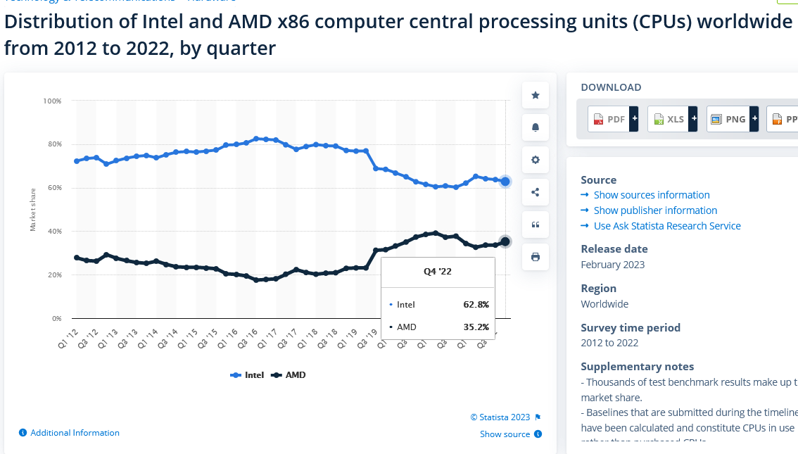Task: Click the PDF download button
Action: [613, 120]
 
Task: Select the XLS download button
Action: [673, 120]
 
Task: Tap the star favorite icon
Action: [536, 95]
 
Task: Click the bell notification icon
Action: [536, 127]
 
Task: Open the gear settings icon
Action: [536, 160]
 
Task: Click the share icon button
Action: [536, 192]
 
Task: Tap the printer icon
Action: [536, 257]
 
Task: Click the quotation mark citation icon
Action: [536, 225]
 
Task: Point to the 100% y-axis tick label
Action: [53, 101]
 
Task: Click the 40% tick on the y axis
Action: [54, 232]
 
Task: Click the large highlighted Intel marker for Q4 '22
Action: [505, 182]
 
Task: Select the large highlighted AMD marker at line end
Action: [505, 241]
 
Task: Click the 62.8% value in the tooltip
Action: [476, 305]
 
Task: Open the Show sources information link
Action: [651, 195]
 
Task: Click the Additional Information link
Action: [75, 433]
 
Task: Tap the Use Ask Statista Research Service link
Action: [666, 226]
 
